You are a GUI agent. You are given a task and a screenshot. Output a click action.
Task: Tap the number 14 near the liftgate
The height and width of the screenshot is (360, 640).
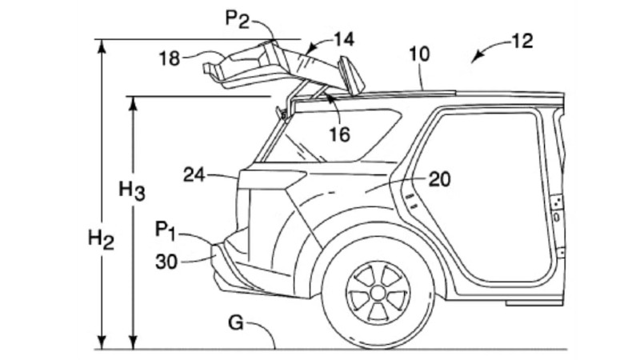[344, 38]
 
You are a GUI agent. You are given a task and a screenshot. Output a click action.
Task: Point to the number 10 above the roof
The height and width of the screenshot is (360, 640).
[418, 54]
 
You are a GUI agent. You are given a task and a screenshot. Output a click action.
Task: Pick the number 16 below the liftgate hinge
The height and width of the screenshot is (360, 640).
[339, 134]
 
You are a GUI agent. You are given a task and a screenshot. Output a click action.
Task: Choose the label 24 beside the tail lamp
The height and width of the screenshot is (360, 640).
[195, 174]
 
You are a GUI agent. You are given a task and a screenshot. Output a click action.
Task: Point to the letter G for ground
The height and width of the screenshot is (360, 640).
[235, 322]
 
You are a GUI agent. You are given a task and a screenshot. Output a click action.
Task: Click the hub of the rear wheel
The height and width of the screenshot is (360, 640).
[378, 292]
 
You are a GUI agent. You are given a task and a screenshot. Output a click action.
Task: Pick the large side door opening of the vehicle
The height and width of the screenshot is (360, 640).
[488, 200]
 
